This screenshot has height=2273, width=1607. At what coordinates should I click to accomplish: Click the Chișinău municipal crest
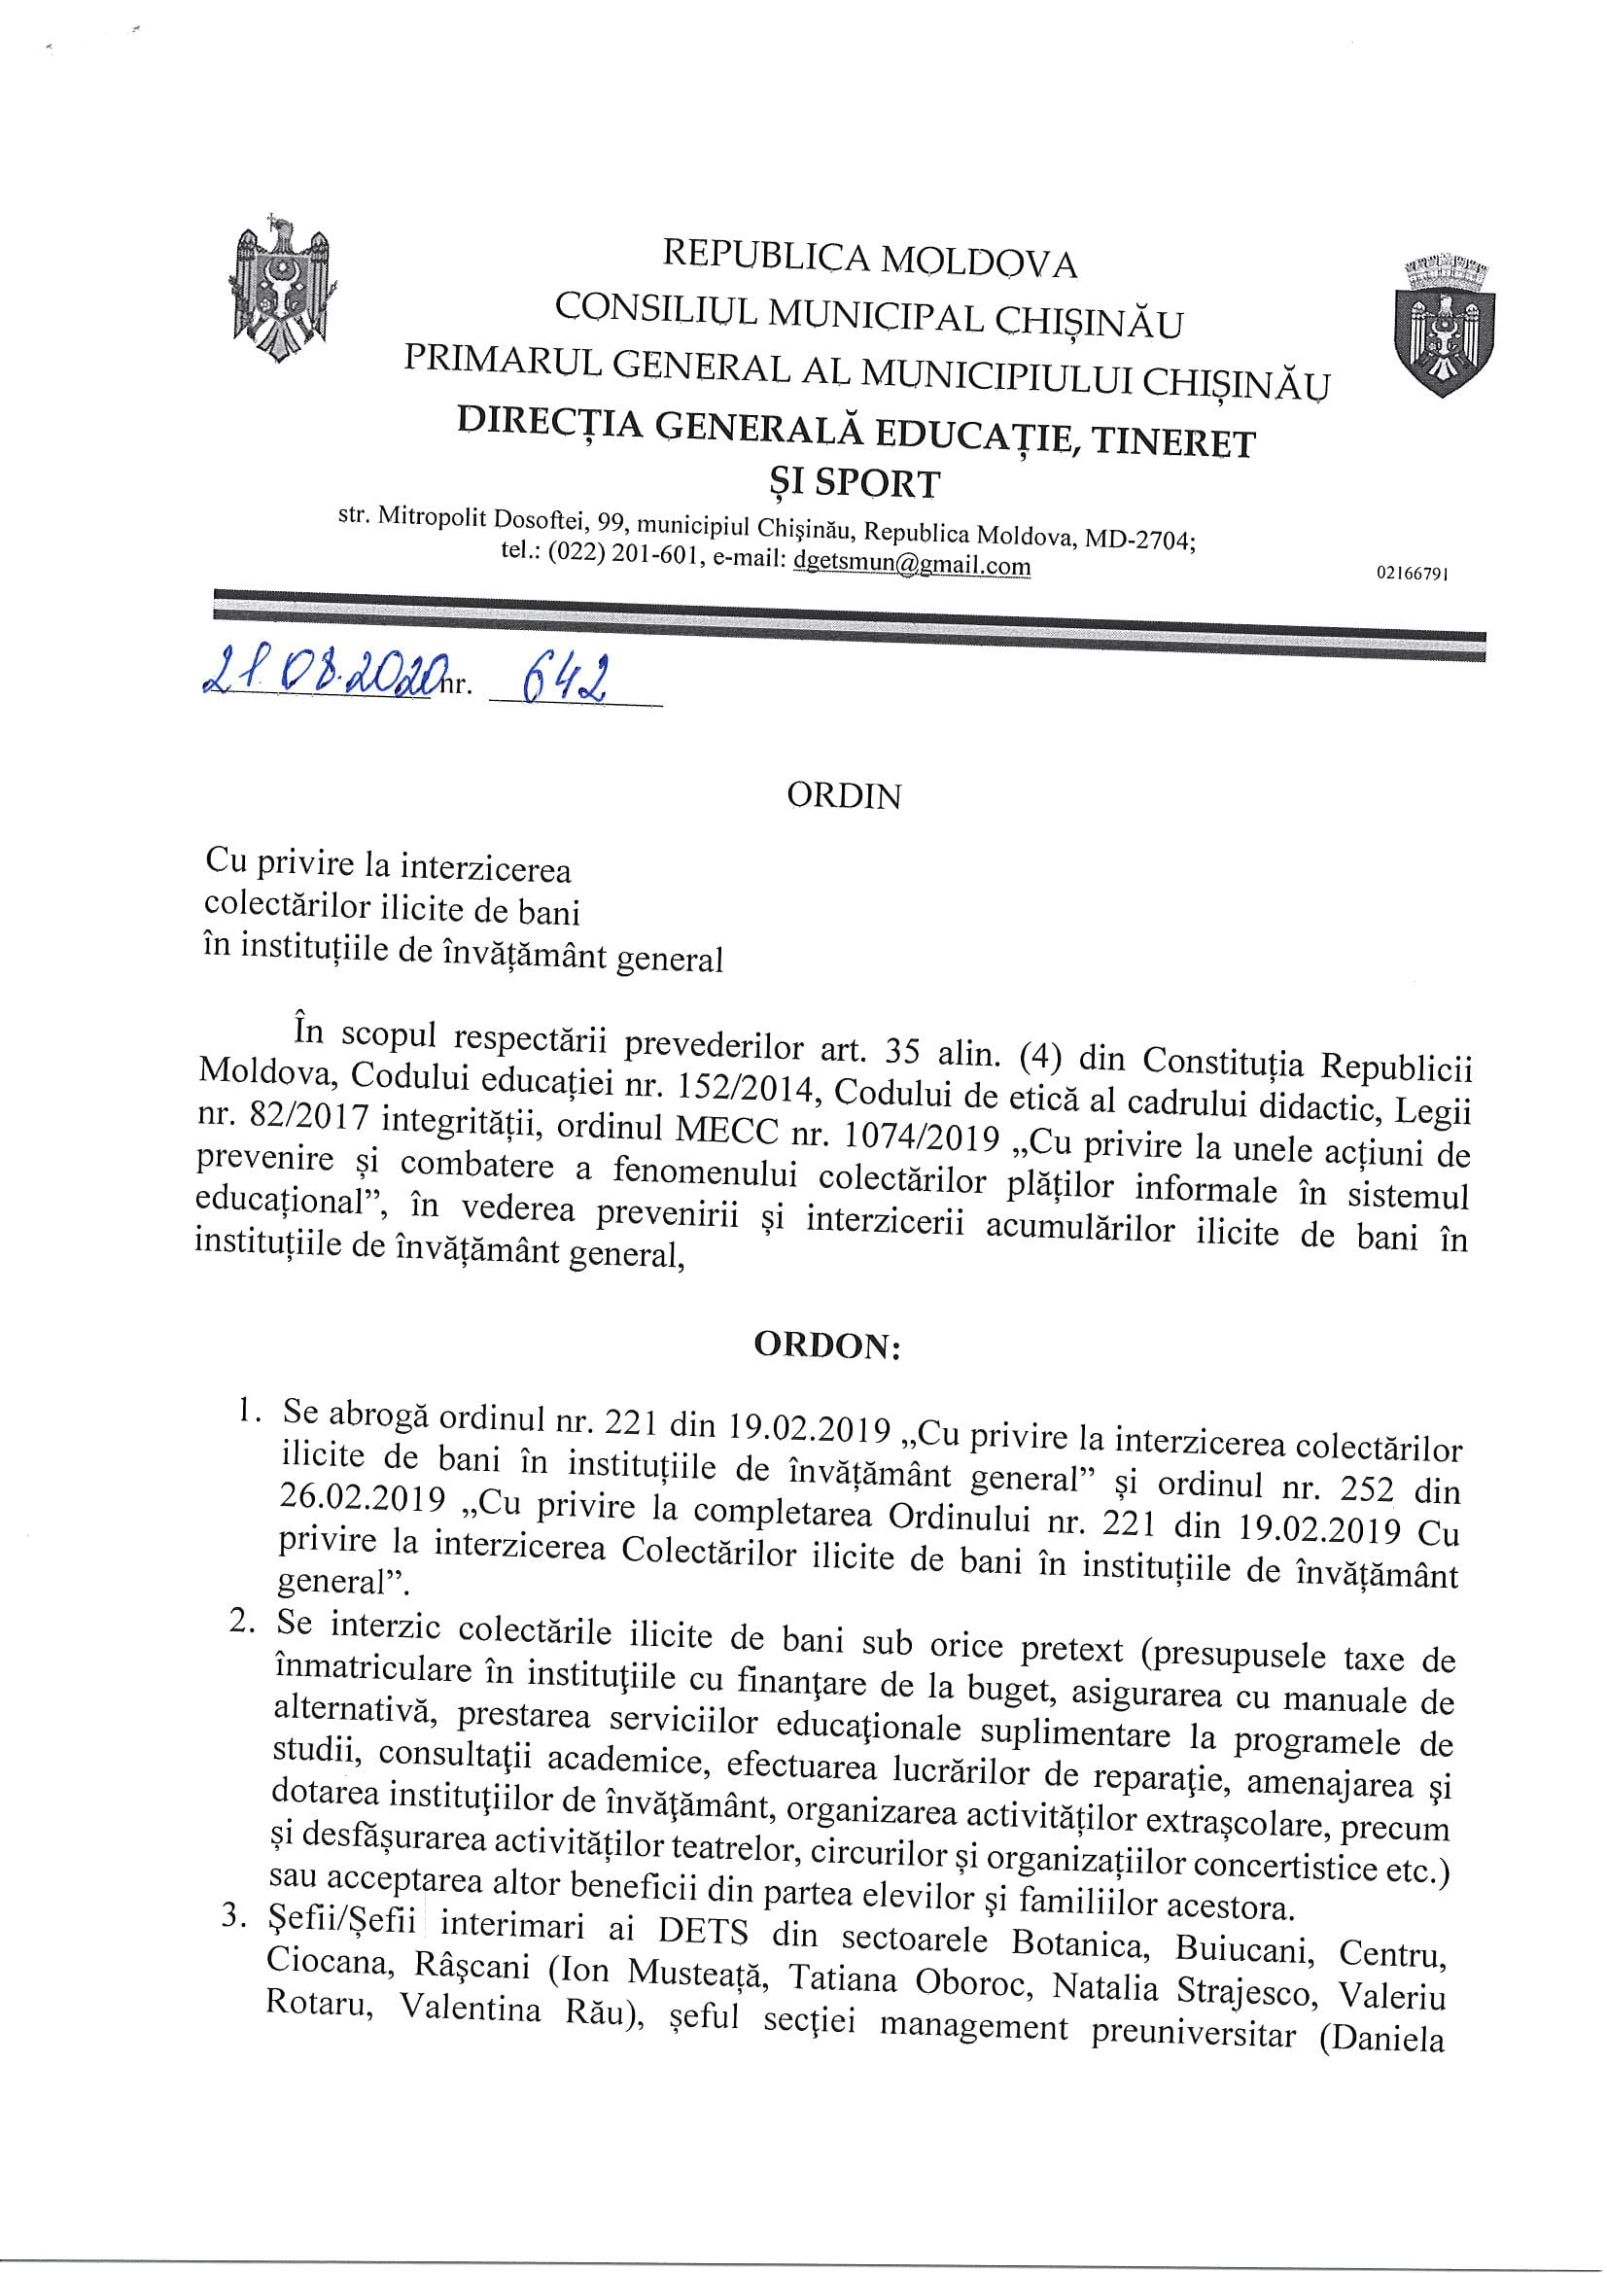(x=1445, y=325)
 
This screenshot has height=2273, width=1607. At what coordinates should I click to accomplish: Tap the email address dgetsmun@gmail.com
(x=912, y=565)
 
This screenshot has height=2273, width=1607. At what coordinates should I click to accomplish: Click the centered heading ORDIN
(x=844, y=797)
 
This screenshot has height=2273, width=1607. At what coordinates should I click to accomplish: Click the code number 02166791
(x=1412, y=574)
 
